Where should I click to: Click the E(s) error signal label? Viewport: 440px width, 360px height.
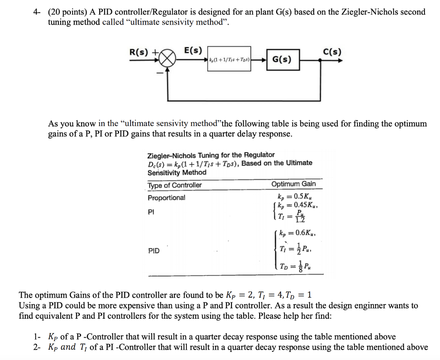point(193,50)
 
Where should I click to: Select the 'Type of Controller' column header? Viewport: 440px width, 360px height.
point(174,185)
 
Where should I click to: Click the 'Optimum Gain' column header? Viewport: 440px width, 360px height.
point(293,184)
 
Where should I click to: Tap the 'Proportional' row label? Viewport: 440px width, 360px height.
point(167,198)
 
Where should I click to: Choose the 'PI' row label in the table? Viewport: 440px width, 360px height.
point(151,212)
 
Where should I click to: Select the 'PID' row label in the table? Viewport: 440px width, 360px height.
point(153,250)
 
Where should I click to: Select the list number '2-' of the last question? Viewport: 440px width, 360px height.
point(37,347)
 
